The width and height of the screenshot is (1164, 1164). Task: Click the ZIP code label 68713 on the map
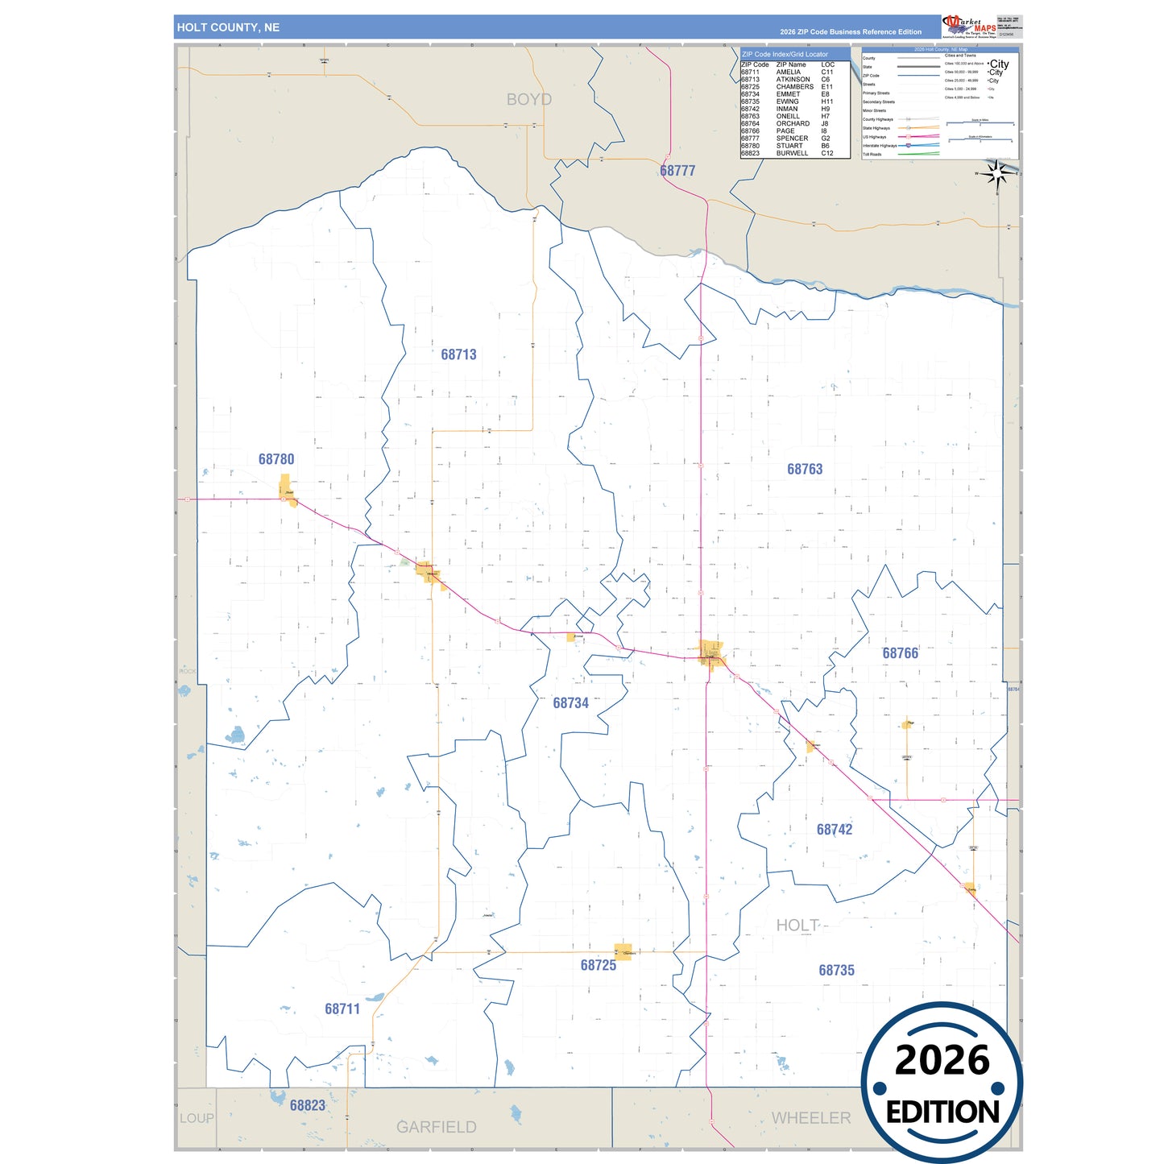tap(458, 354)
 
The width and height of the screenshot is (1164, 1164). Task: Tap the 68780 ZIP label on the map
tap(276, 459)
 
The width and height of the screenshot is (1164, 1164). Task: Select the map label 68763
tap(805, 469)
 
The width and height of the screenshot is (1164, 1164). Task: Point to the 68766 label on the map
tap(900, 653)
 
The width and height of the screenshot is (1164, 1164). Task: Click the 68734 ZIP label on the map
tap(570, 703)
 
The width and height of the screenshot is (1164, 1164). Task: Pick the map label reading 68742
tap(834, 830)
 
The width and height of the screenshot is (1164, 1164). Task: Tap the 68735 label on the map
tap(836, 971)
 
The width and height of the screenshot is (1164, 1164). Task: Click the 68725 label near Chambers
tap(598, 965)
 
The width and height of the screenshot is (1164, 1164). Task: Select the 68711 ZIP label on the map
tap(342, 1009)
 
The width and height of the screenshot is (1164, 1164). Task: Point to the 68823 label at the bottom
tap(308, 1105)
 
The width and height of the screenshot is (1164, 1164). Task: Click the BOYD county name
tap(529, 99)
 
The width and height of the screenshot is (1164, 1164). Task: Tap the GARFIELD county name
tap(436, 1127)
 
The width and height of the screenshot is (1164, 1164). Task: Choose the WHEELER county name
tap(810, 1118)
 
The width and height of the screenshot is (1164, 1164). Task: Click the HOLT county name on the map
tap(797, 926)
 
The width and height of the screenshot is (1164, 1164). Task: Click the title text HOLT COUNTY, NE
tap(228, 27)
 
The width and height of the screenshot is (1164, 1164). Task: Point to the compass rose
tap(997, 174)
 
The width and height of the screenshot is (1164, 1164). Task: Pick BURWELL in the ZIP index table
tap(792, 153)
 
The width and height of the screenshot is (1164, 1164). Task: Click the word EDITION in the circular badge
tap(942, 1112)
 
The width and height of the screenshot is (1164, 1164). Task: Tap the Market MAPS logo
tap(969, 27)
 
